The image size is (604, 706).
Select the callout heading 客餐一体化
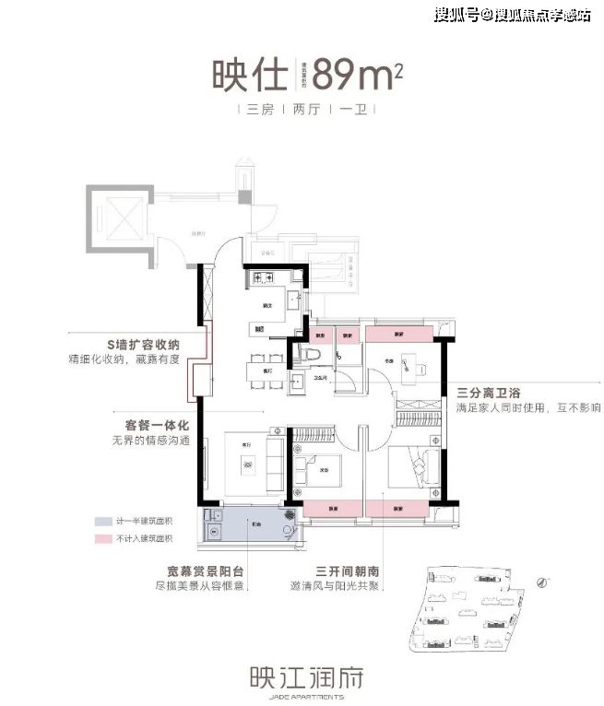(157, 426)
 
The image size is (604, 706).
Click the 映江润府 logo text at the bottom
(300, 679)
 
